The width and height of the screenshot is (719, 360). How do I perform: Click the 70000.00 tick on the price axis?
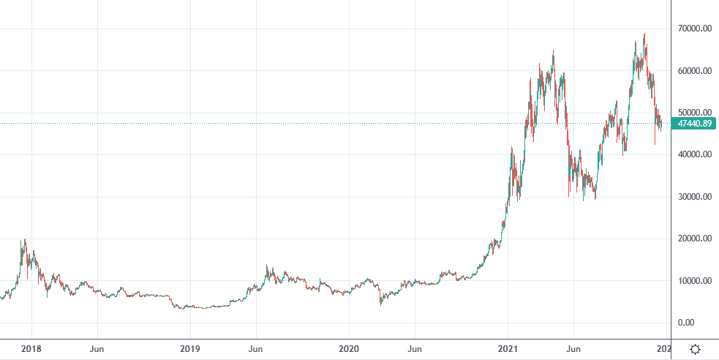coord(694,29)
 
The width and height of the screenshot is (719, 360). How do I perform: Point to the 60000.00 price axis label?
coord(694,71)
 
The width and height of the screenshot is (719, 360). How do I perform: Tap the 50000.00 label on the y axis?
coord(694,113)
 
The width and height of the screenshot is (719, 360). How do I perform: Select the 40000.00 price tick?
coord(694,154)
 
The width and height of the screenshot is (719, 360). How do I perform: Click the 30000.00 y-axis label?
coord(694,197)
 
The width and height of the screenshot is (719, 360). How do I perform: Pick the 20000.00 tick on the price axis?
coord(694,239)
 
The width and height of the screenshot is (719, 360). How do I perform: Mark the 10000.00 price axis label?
coord(694,281)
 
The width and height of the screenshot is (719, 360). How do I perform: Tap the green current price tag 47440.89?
coord(694,124)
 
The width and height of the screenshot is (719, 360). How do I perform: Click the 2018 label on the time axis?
coord(31,349)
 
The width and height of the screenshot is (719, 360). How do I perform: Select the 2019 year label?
coord(190,349)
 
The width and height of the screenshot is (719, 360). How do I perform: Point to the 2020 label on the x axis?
coord(349,349)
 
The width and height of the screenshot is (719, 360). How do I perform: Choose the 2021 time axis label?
coord(508,349)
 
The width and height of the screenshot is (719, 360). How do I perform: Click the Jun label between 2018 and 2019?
coord(97,349)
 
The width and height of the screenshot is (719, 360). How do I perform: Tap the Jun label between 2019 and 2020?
coord(256,349)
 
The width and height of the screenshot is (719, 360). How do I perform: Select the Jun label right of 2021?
coord(574,349)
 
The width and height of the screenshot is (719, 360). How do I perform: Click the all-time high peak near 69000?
coord(644,34)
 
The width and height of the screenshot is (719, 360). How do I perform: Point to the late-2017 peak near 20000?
coord(25,240)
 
